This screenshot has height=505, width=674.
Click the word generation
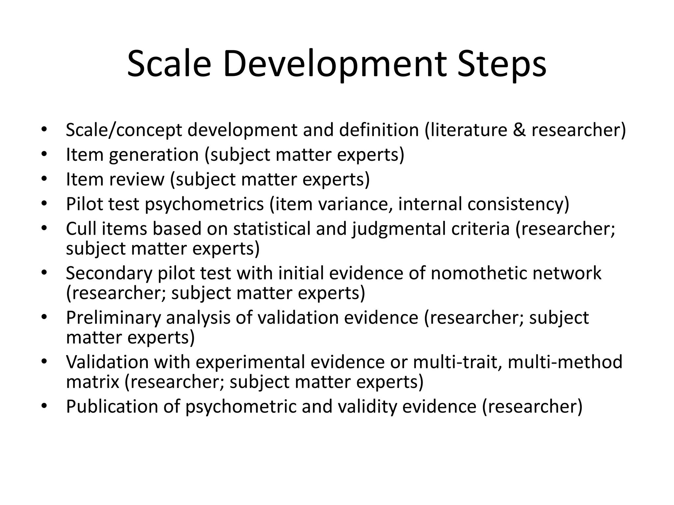154,155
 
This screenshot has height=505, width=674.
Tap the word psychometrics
204,204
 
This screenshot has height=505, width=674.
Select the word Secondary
109,273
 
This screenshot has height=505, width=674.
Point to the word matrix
92,382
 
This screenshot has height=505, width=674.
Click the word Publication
112,407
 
